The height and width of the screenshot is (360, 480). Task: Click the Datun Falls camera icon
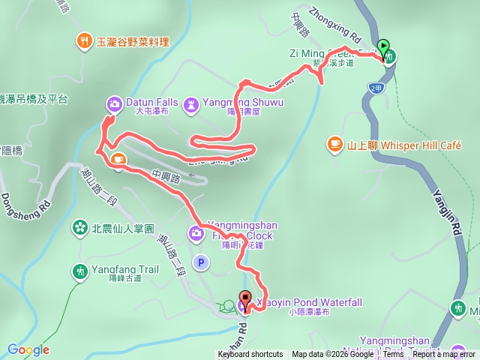[113, 103]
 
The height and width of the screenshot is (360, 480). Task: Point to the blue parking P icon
[199, 262]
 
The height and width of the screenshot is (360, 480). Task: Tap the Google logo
[28, 349]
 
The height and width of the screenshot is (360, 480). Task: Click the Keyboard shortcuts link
[250, 355]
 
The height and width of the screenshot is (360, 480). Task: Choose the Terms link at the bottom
[393, 355]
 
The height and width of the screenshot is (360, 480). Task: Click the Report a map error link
[444, 355]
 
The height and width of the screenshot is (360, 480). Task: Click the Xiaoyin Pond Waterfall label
[309, 302]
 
